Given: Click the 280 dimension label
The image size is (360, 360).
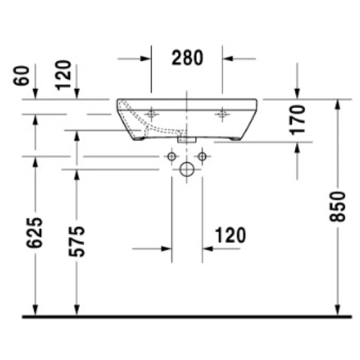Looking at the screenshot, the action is (x=187, y=58).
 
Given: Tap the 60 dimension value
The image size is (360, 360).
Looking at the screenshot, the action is (x=22, y=76).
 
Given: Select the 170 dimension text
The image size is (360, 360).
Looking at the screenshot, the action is (x=297, y=120).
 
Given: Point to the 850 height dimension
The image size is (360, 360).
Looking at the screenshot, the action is (x=337, y=206).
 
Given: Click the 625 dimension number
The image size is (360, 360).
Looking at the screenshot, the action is (x=34, y=233).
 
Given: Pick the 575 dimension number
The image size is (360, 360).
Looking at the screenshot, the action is (x=77, y=242).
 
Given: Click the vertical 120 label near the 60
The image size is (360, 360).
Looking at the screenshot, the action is (x=63, y=76).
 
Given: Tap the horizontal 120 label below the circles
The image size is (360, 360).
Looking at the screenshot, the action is (x=230, y=235).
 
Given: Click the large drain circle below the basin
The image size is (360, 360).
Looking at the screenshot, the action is (x=187, y=169).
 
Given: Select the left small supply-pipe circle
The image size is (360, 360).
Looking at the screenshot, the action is (x=172, y=157).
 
